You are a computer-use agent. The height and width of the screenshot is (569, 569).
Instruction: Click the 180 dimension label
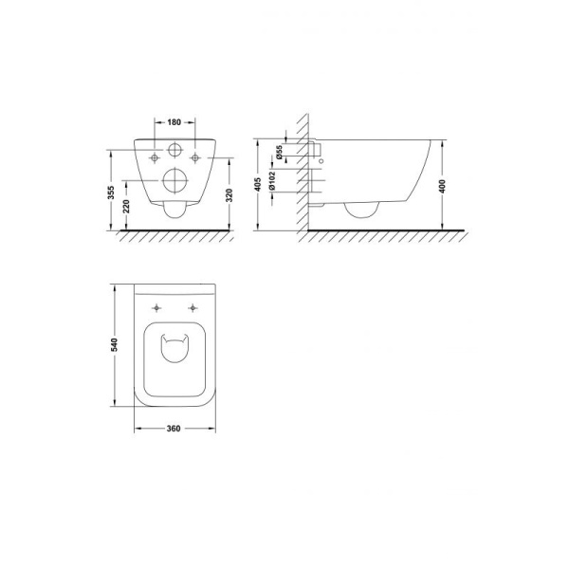[x=174, y=122]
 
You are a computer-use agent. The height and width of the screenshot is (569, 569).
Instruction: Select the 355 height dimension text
[x=111, y=193]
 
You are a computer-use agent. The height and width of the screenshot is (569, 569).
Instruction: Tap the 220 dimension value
[x=126, y=206]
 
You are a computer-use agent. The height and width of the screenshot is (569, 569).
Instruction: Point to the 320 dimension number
[x=229, y=195]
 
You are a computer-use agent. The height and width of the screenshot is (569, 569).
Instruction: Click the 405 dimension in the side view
[x=258, y=184]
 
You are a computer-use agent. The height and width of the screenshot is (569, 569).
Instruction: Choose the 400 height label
[x=442, y=186]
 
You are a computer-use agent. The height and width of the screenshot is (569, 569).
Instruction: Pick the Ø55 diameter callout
[x=279, y=152]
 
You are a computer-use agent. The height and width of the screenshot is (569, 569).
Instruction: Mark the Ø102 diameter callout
[x=272, y=181]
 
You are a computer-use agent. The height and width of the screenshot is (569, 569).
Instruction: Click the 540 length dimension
[x=115, y=344]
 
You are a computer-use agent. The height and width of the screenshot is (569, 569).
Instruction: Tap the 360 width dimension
[x=174, y=429]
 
